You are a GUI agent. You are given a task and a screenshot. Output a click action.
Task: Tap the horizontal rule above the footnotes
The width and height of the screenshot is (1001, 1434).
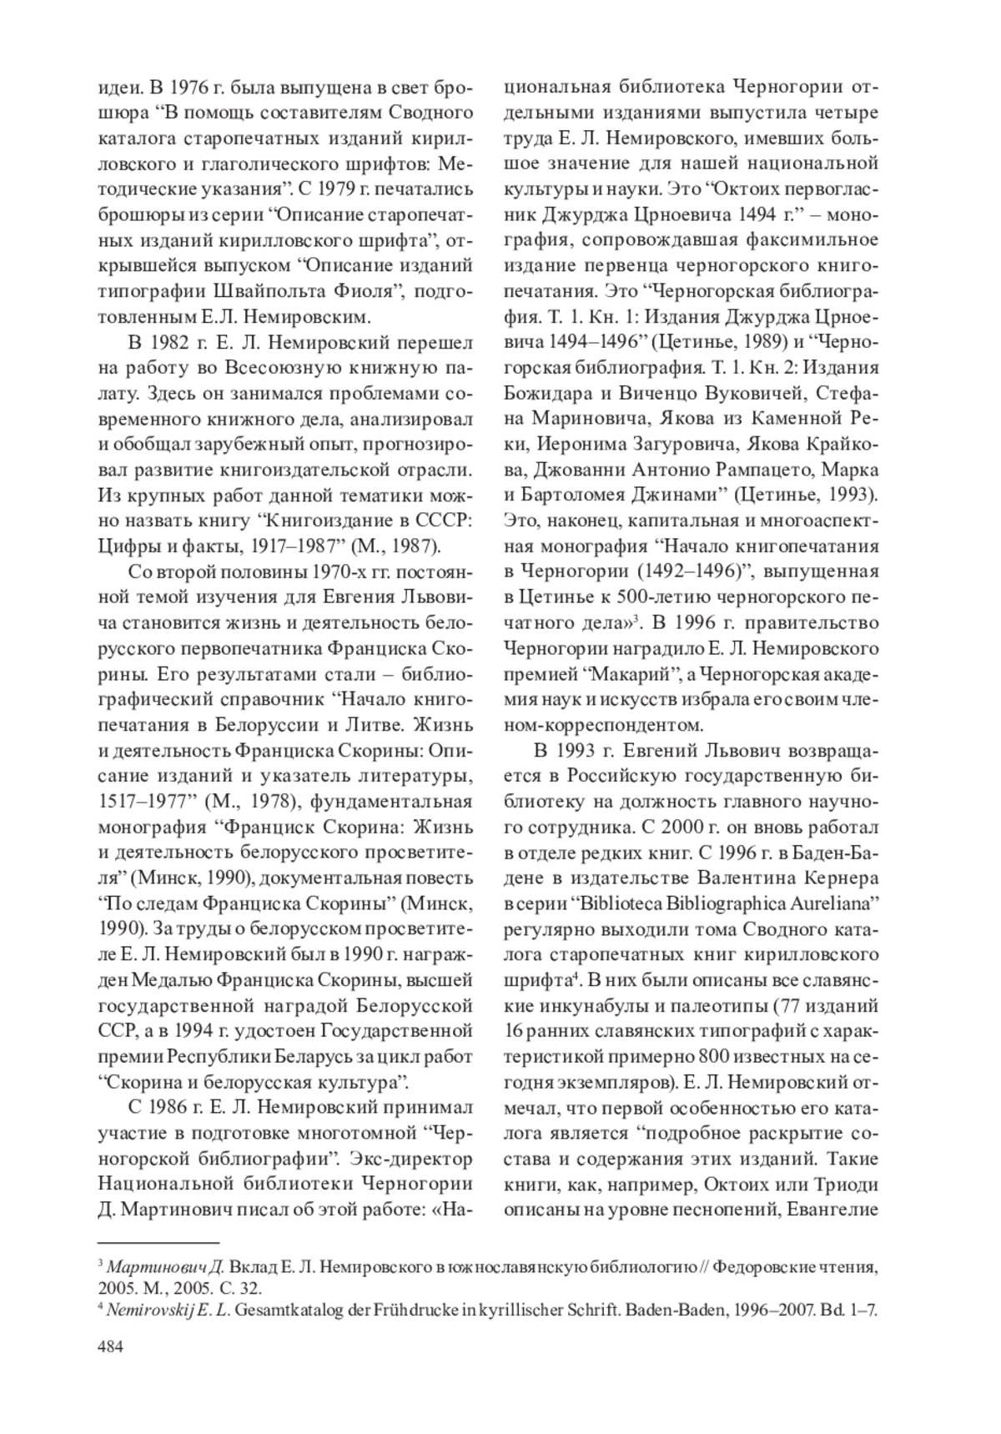158,1242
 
